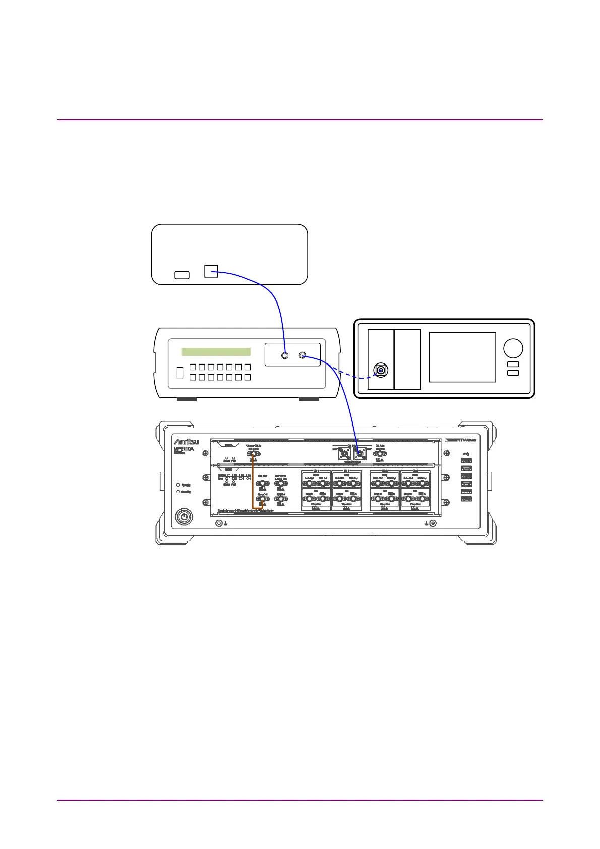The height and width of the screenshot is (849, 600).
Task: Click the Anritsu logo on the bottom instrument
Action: tap(186, 442)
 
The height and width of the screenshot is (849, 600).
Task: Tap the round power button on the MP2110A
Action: tap(184, 516)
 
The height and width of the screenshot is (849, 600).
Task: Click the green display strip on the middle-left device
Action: tap(216, 352)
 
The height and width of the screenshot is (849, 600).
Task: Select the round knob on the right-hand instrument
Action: tap(513, 348)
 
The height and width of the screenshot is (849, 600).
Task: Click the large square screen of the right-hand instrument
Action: tap(462, 356)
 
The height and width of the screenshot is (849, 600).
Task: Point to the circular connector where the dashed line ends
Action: tap(381, 371)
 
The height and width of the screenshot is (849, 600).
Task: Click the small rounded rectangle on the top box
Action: tap(182, 275)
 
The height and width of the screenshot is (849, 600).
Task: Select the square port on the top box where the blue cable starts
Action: tap(211, 271)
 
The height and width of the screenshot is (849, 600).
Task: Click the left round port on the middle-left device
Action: tap(285, 355)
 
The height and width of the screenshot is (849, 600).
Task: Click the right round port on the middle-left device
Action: tap(303, 355)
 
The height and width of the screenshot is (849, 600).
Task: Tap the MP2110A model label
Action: tap(184, 449)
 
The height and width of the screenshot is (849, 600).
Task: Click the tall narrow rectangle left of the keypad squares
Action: tap(179, 373)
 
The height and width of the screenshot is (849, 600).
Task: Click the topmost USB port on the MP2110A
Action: tap(466, 460)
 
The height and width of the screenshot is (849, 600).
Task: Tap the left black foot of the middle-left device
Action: tap(187, 399)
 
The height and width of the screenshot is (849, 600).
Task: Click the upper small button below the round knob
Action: tap(513, 364)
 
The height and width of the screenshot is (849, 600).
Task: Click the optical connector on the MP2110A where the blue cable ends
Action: tap(360, 453)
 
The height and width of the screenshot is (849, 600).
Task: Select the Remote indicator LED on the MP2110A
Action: tap(178, 485)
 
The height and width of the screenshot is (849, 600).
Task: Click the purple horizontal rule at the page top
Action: tap(299, 120)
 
